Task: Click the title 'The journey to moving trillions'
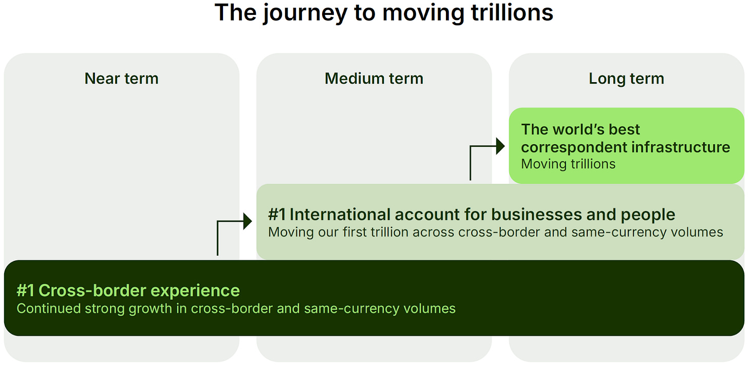coord(384,13)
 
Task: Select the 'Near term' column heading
coord(121,79)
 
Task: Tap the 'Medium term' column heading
coord(374,79)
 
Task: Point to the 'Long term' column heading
coord(626,79)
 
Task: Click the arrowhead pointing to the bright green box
coord(500,146)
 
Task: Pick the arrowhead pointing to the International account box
coord(248,221)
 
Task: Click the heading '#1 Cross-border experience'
coord(128,291)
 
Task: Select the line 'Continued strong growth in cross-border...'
coord(236,309)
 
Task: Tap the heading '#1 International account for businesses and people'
coord(472,214)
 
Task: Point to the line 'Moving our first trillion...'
coord(495,232)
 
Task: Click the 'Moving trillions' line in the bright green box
coord(568,164)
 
